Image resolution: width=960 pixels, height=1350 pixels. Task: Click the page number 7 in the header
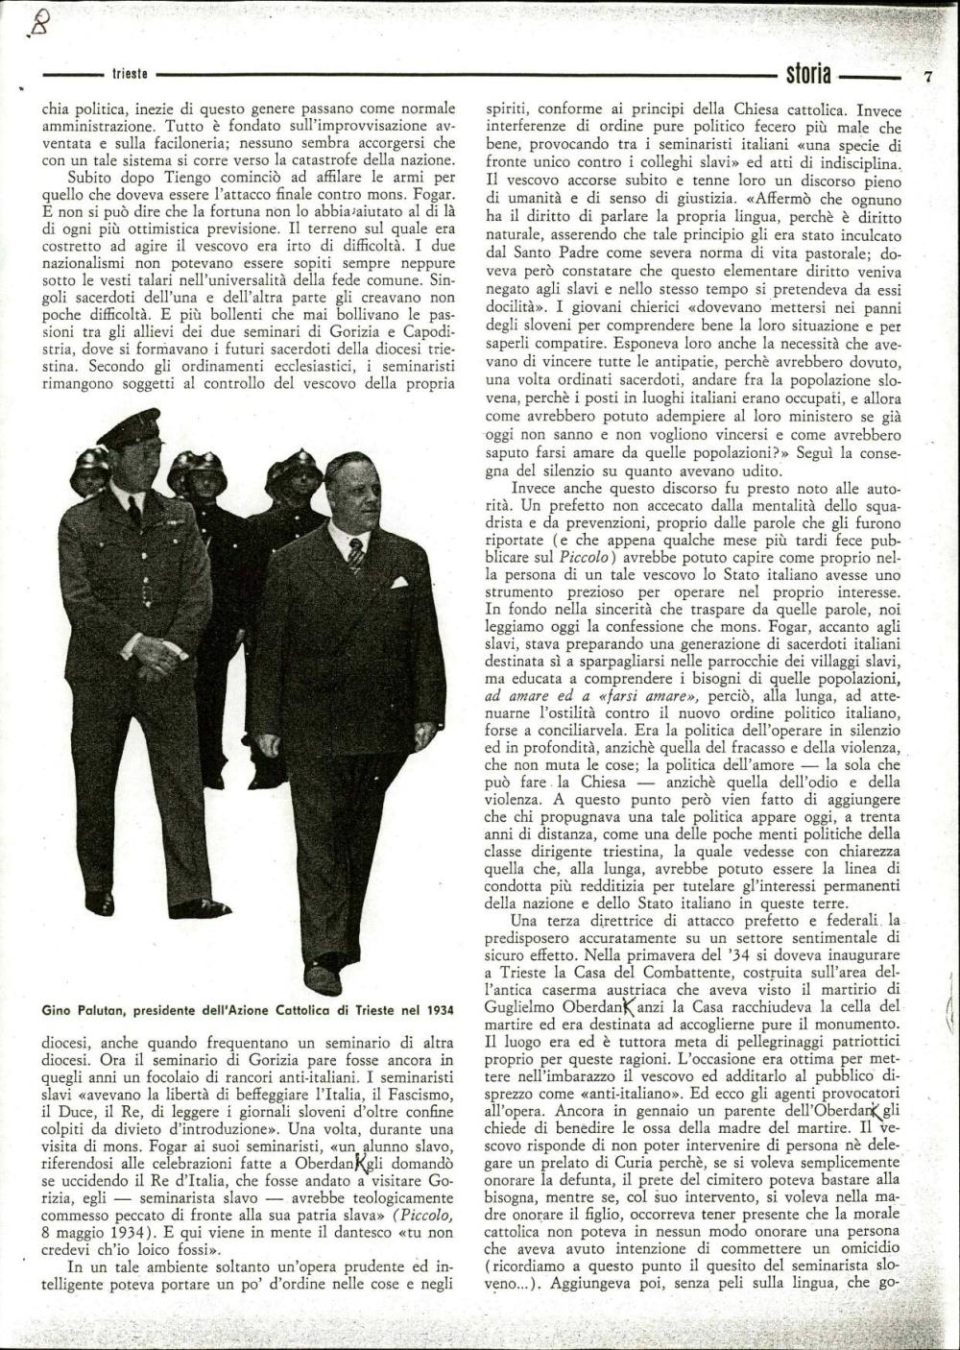point(928,77)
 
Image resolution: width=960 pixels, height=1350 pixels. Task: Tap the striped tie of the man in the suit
point(356,554)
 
